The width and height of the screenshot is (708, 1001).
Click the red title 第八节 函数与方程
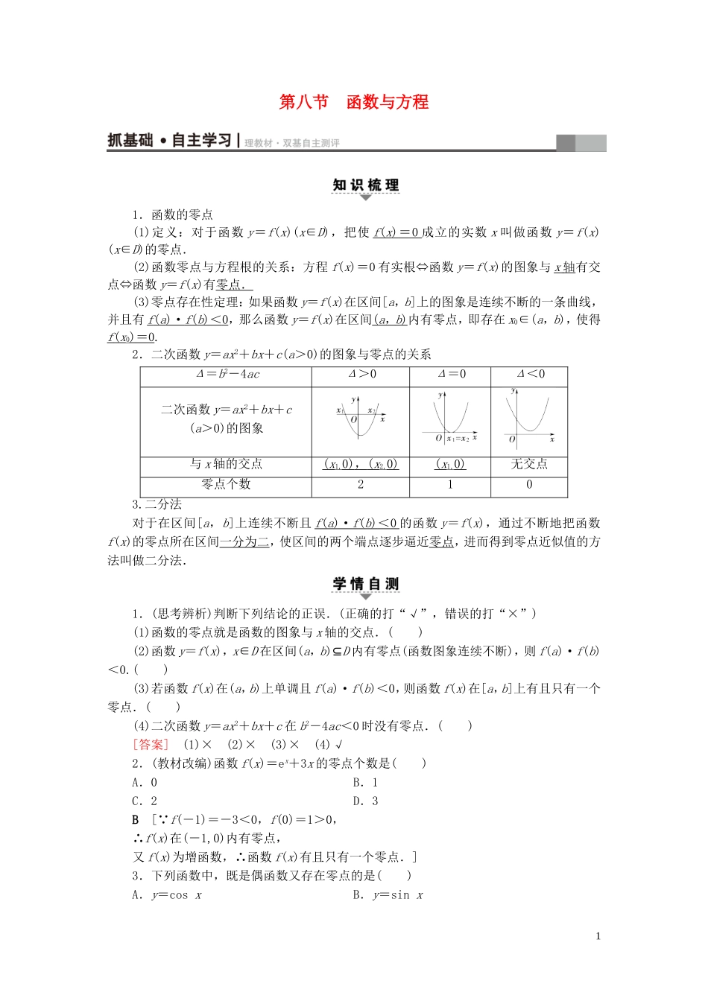tap(353, 102)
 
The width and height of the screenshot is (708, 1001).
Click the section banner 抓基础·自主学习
tap(171, 141)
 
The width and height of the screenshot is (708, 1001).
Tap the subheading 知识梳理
tap(365, 185)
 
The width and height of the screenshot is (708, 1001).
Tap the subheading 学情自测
tap(365, 584)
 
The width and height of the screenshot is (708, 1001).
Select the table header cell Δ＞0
tap(361, 375)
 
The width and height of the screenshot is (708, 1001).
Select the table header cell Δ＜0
tap(530, 375)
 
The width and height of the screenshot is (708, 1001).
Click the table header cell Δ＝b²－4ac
tap(227, 375)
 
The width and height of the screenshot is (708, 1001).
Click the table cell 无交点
tap(530, 465)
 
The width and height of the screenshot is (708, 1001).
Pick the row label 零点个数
tap(227, 485)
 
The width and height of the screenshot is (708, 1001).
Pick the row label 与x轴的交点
tap(227, 465)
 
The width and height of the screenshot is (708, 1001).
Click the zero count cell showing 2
tap(361, 485)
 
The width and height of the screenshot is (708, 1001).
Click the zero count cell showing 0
tap(530, 485)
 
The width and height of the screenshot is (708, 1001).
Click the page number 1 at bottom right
tap(598, 937)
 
